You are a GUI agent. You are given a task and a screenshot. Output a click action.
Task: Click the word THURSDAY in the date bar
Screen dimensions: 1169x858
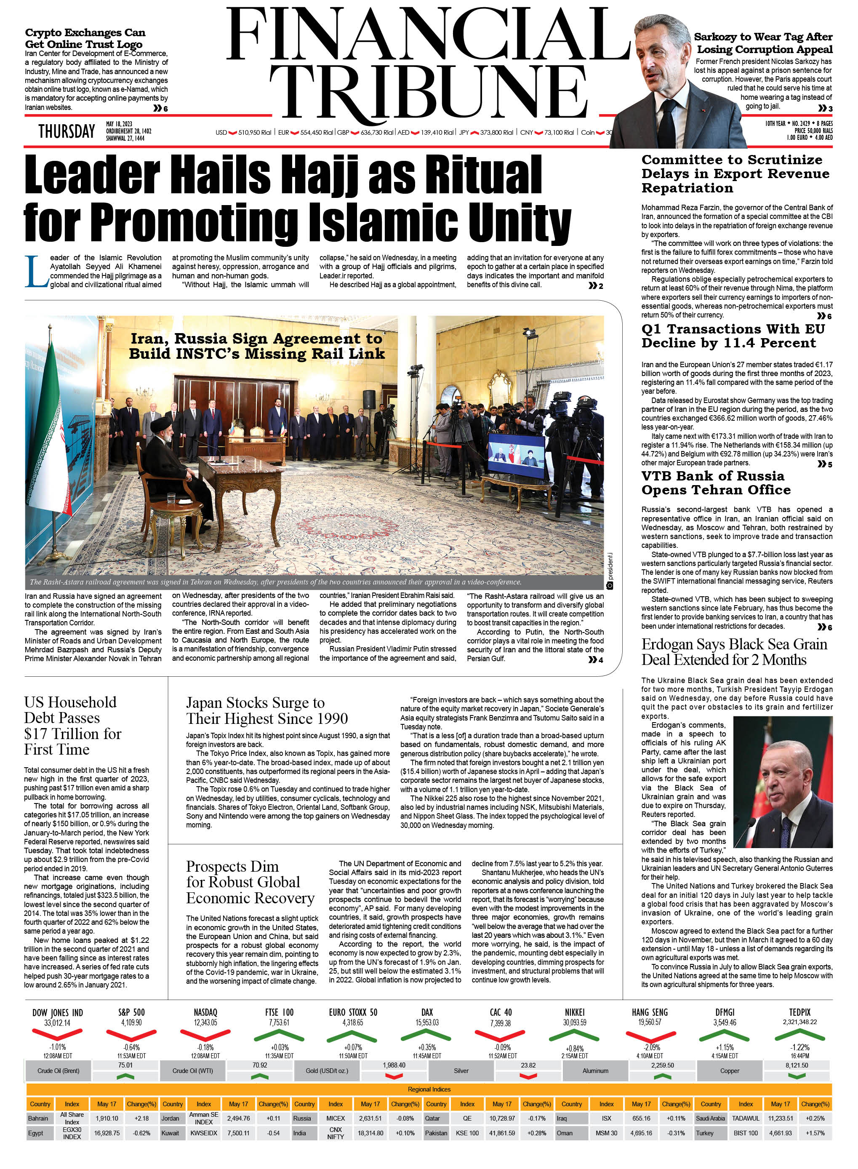[67, 131]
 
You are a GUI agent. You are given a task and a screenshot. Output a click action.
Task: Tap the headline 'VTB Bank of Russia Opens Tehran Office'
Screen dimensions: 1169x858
[716, 483]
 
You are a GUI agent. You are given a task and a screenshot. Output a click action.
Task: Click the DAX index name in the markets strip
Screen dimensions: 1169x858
[427, 1012]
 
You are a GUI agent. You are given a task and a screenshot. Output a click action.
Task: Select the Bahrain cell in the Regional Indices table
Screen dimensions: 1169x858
[38, 1118]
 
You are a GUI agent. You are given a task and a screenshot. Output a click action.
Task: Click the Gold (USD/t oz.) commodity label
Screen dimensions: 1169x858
[327, 1071]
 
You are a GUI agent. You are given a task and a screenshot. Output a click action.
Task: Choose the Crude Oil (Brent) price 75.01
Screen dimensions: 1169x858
[125, 1065]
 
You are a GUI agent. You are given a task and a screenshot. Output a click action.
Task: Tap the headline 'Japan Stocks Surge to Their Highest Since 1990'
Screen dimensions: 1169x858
[266, 710]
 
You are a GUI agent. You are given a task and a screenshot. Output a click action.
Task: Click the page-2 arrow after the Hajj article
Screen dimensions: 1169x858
[595, 286]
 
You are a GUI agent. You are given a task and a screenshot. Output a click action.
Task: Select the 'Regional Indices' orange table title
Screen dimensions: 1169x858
[429, 1089]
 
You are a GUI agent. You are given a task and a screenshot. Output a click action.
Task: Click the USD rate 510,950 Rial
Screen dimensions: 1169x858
[254, 133]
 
